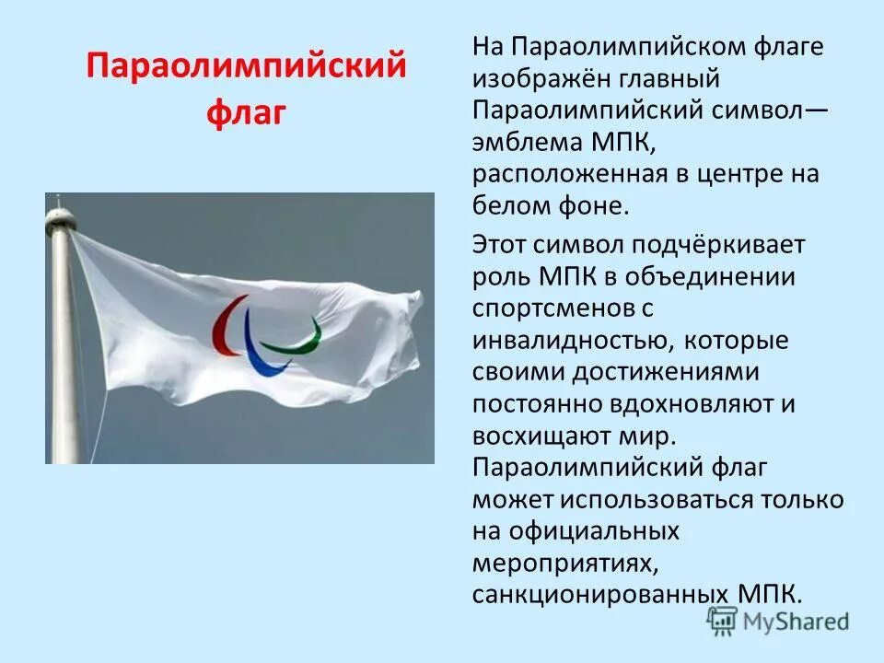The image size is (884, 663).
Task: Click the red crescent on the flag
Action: click(x=222, y=330)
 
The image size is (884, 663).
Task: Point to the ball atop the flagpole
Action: click(x=59, y=217)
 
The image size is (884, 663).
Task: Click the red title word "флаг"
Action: click(x=247, y=115)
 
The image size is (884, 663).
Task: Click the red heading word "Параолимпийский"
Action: click(x=247, y=68)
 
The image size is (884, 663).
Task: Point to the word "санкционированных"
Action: click(x=602, y=594)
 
